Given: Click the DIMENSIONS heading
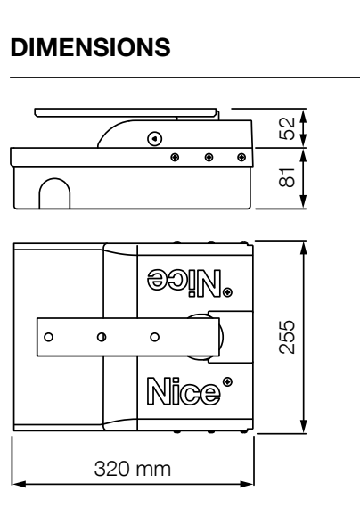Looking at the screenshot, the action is click(x=91, y=47).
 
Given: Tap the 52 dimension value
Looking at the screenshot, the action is click(x=287, y=128).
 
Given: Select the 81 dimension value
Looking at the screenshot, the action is click(x=287, y=177).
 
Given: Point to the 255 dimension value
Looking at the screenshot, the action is click(x=287, y=337).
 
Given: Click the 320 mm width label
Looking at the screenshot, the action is click(x=133, y=469).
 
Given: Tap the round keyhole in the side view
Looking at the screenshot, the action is click(x=155, y=138).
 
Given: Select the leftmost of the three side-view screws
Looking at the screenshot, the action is click(x=175, y=157).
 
